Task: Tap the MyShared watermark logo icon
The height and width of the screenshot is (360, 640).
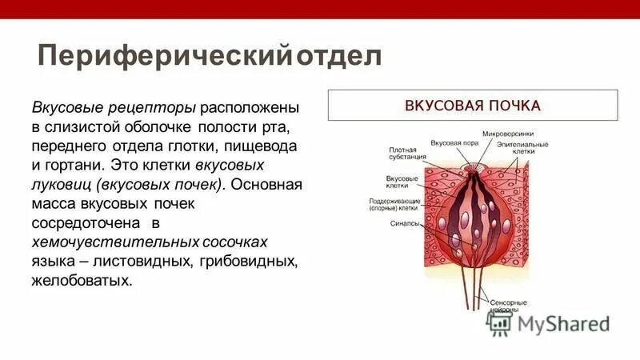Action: pyautogui.click(x=500, y=322)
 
